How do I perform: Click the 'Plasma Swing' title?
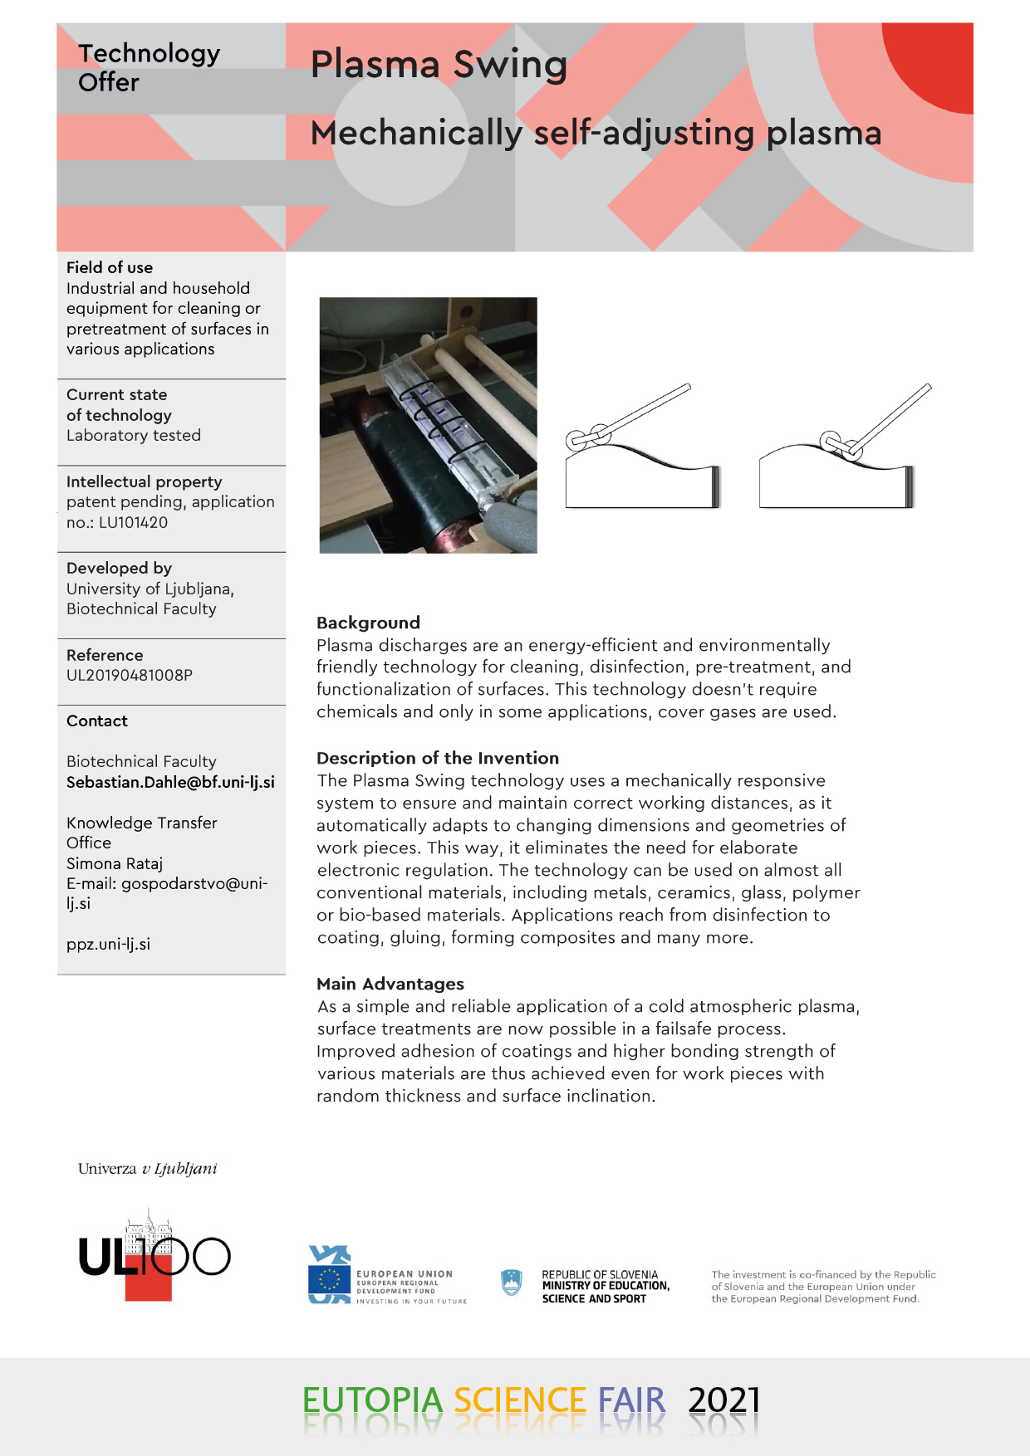[x=439, y=65]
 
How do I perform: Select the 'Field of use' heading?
[x=110, y=267]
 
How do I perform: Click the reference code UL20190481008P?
[x=130, y=676]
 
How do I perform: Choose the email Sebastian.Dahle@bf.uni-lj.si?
[x=170, y=782]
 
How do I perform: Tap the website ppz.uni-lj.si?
[x=108, y=945]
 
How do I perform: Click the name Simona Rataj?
[x=115, y=863]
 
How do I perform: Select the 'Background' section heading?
[x=368, y=623]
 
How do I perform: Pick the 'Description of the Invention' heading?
[x=438, y=758]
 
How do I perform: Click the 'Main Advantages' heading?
[x=390, y=984]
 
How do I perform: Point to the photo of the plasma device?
[x=428, y=425]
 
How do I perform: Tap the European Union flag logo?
[x=329, y=1279]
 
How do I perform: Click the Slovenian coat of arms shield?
[x=512, y=1283]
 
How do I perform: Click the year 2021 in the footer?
[x=723, y=1401]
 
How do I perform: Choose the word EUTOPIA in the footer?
[x=372, y=1401]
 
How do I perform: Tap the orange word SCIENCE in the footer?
[x=520, y=1401]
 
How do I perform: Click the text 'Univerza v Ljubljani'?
[x=148, y=1169]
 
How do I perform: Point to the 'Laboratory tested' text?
[x=134, y=436]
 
